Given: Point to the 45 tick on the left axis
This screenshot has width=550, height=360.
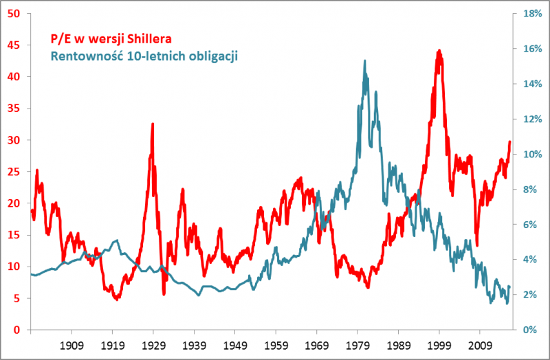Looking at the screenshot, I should [x=13, y=45].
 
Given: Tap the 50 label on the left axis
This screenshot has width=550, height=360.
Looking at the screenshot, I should [x=13, y=14].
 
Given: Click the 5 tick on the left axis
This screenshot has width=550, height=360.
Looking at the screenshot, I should [x=16, y=298].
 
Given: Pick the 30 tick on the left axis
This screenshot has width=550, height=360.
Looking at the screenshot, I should [x=13, y=140].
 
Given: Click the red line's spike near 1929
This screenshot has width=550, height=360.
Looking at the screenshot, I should [x=152, y=124].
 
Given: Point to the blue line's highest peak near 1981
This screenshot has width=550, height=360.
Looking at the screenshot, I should [x=364, y=60].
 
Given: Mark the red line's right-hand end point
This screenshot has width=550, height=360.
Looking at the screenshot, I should [x=510, y=142].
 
